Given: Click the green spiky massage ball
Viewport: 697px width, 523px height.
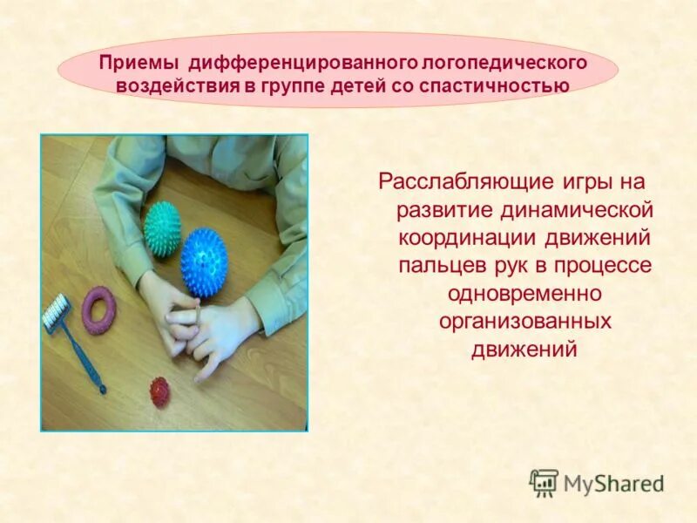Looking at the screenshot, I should (162, 228).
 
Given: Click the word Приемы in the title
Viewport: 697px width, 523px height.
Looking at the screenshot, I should (138, 64).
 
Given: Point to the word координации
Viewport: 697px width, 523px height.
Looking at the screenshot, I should (459, 238).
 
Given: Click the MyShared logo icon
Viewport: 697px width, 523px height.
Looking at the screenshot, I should (544, 483).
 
